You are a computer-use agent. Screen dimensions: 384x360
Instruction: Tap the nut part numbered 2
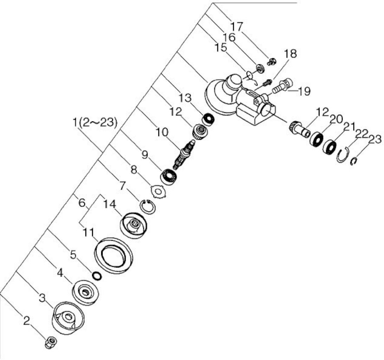(51, 342)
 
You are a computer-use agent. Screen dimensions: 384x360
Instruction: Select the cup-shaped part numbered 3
(68, 317)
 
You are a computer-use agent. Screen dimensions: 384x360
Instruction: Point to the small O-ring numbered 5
(97, 276)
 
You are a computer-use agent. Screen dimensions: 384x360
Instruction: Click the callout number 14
(110, 204)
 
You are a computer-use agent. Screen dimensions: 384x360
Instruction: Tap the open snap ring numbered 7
(148, 206)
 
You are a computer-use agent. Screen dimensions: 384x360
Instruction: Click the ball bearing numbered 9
(169, 176)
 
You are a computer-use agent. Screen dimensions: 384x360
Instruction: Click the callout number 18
(291, 54)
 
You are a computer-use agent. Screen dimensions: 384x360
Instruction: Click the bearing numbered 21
(330, 147)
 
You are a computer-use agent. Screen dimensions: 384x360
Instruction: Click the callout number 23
(375, 140)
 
